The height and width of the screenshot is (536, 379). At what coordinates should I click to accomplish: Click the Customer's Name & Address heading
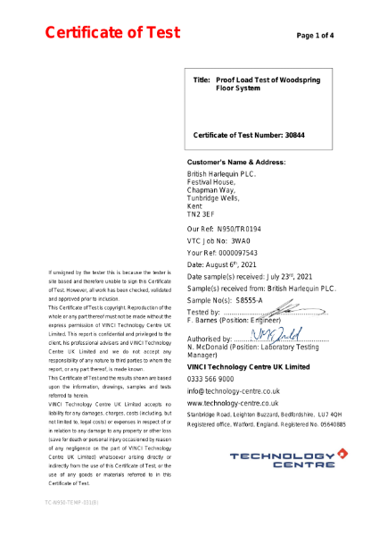point(235,163)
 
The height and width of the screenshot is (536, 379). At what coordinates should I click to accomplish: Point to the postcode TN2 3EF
point(201,215)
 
